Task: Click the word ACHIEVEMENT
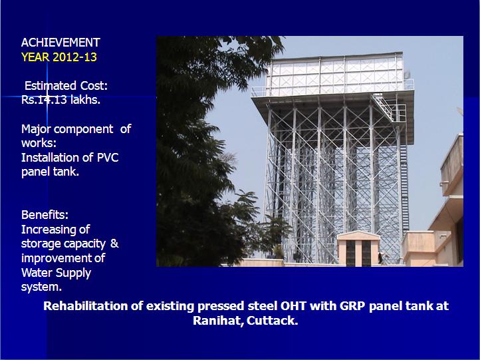(x=60, y=43)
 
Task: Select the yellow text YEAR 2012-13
(x=59, y=57)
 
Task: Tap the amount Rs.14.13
(x=44, y=100)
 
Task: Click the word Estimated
(x=51, y=85)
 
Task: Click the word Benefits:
(x=45, y=215)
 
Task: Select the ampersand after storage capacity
(x=114, y=244)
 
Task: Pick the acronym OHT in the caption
(x=294, y=306)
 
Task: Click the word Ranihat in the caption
(x=219, y=321)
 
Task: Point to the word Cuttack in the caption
(x=272, y=321)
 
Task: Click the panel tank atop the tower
(x=335, y=75)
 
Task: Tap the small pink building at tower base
(x=358, y=248)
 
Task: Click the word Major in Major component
(x=37, y=129)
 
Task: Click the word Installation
(x=50, y=158)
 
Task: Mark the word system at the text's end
(x=41, y=287)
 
